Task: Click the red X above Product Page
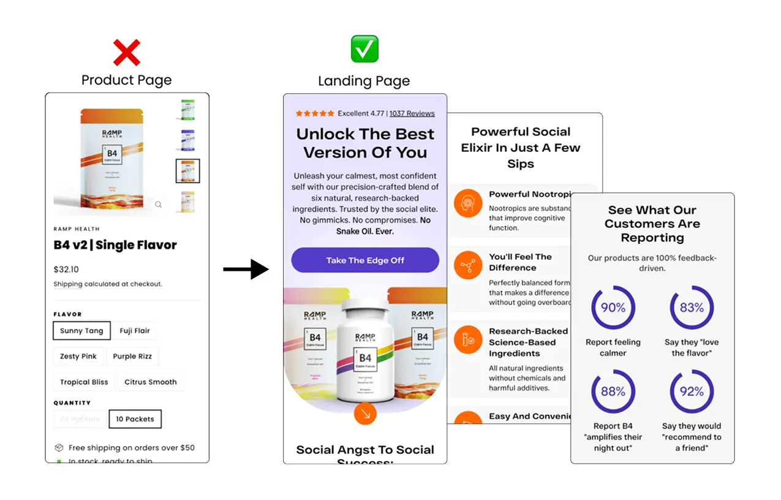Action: point(127,53)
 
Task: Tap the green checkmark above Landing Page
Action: point(364,48)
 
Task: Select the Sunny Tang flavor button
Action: point(81,331)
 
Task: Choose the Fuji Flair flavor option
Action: point(135,331)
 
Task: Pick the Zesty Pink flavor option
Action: point(78,357)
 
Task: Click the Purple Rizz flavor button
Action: point(132,357)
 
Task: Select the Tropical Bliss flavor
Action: point(84,382)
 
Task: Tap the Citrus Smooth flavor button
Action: point(150,382)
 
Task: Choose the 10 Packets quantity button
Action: point(135,419)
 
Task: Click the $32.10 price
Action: point(66,270)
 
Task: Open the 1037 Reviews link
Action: point(412,113)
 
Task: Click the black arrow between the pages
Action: point(246,269)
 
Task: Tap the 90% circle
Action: point(613,308)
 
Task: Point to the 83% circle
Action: point(692,308)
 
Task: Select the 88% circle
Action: point(613,392)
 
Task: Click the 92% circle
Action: point(692,392)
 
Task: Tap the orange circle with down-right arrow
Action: point(365,414)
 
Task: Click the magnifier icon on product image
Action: point(158,205)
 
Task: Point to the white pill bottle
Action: point(365,349)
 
